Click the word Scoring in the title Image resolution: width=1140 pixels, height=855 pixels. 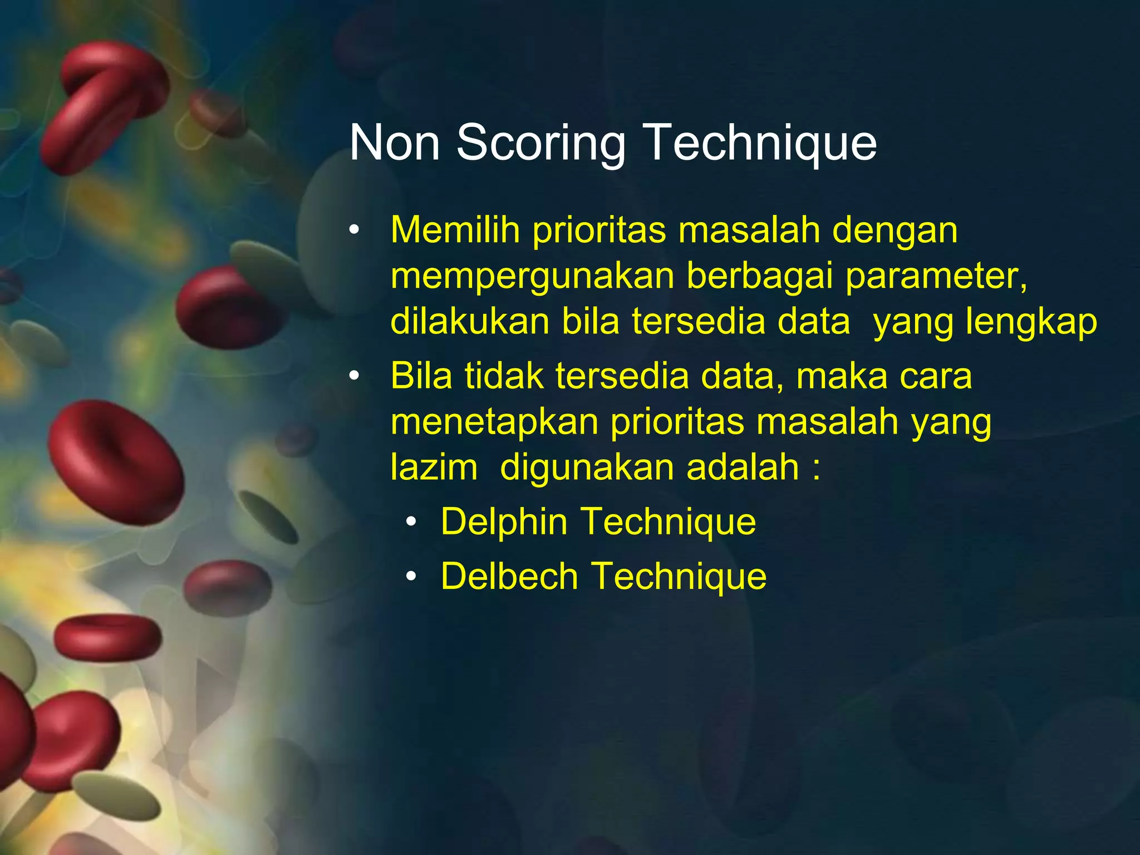[540, 144]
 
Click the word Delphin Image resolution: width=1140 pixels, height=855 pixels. [504, 522]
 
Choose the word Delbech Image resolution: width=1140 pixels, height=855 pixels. [509, 576]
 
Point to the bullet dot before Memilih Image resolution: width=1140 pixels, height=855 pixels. [355, 230]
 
